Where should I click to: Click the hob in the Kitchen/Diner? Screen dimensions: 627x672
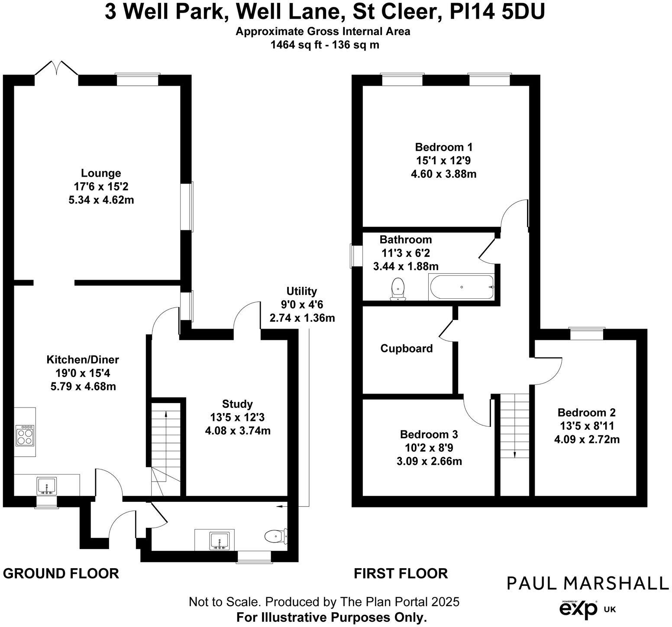pos(25,435)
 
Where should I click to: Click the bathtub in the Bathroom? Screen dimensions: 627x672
pos(461,287)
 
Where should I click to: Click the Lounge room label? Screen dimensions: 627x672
pos(101,173)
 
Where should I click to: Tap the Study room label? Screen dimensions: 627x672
pos(237,404)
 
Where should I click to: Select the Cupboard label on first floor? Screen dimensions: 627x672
pos(406,349)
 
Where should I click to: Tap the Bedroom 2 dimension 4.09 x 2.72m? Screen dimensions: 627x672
pos(587,440)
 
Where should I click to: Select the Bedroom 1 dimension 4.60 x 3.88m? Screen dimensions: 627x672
pos(443,174)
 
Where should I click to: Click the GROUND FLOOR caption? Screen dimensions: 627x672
pos(61,574)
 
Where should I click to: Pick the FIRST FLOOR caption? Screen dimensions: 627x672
pos(401,574)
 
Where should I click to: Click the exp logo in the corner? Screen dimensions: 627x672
pos(578,610)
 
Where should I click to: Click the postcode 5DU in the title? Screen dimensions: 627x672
pos(523,12)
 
